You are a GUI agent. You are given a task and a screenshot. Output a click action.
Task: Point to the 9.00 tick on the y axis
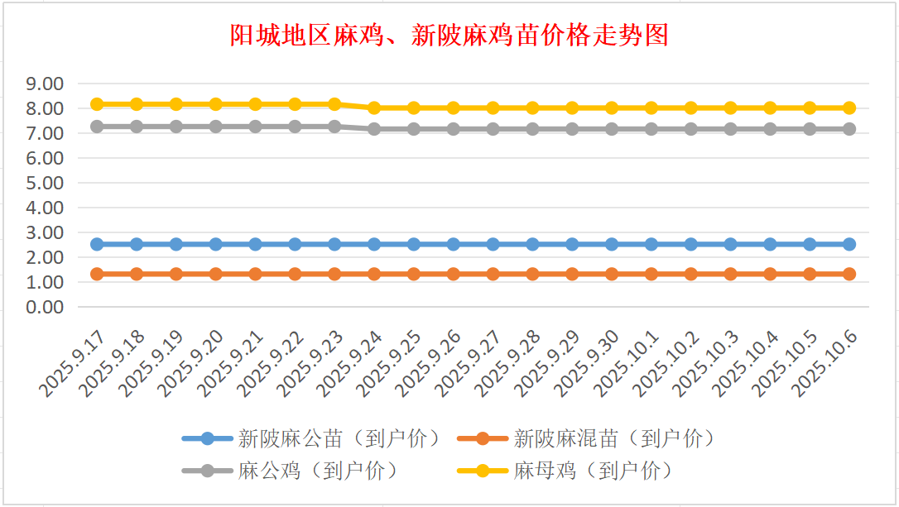tap(45, 84)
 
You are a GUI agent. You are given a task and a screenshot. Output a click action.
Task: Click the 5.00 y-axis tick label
tap(45, 183)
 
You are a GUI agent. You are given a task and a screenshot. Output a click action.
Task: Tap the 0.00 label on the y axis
tap(45, 307)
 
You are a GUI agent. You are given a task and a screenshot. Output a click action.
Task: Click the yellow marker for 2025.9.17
tap(97, 104)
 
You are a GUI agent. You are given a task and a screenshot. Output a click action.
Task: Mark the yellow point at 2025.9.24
tap(374, 108)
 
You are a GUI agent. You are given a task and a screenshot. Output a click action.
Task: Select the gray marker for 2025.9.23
tap(334, 127)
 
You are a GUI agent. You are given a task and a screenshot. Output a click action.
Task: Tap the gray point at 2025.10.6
tap(849, 129)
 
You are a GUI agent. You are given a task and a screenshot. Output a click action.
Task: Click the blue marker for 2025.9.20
tap(216, 244)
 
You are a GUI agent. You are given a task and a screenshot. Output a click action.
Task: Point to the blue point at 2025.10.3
tap(730, 244)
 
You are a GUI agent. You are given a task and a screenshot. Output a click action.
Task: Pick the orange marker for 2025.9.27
tap(493, 274)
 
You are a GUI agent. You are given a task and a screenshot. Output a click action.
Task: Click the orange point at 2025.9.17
tap(97, 274)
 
